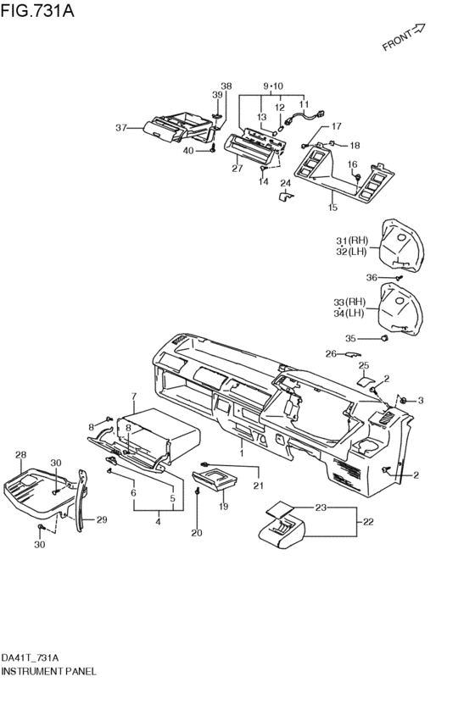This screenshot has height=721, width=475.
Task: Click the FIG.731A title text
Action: click(37, 10)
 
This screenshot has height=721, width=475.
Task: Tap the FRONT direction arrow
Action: click(418, 30)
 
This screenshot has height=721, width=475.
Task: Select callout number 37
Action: click(120, 128)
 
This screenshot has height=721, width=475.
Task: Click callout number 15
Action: click(332, 208)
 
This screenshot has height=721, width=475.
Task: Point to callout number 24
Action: click(286, 183)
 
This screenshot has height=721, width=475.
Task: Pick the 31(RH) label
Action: click(352, 241)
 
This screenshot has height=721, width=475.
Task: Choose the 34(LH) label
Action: click(349, 313)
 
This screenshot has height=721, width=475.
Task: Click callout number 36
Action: click(372, 277)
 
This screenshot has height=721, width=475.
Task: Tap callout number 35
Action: click(350, 338)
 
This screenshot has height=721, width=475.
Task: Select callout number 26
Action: click(331, 353)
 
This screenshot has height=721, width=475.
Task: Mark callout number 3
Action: click(420, 401)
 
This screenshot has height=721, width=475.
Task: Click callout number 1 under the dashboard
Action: click(242, 453)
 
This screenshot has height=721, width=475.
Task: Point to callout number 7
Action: click(134, 396)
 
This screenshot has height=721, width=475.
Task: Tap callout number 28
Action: click(20, 455)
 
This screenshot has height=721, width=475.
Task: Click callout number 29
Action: click(102, 519)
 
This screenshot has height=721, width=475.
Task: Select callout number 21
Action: click(258, 485)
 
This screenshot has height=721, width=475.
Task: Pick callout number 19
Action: click(223, 507)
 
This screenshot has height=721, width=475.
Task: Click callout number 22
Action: click(368, 522)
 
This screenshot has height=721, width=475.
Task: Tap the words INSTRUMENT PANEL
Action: click(49, 671)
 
